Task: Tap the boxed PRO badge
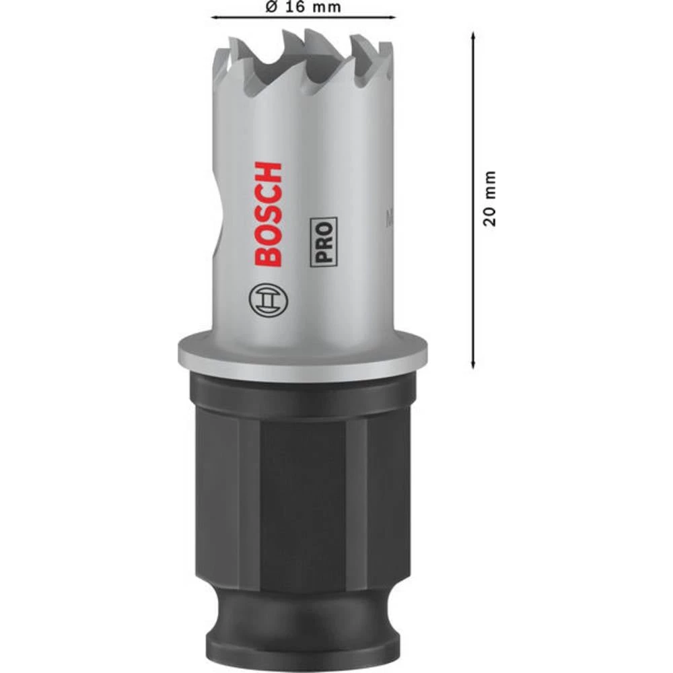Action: (323, 242)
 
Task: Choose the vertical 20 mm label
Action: (491, 199)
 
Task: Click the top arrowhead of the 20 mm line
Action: (473, 34)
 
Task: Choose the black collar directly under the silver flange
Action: (303, 394)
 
